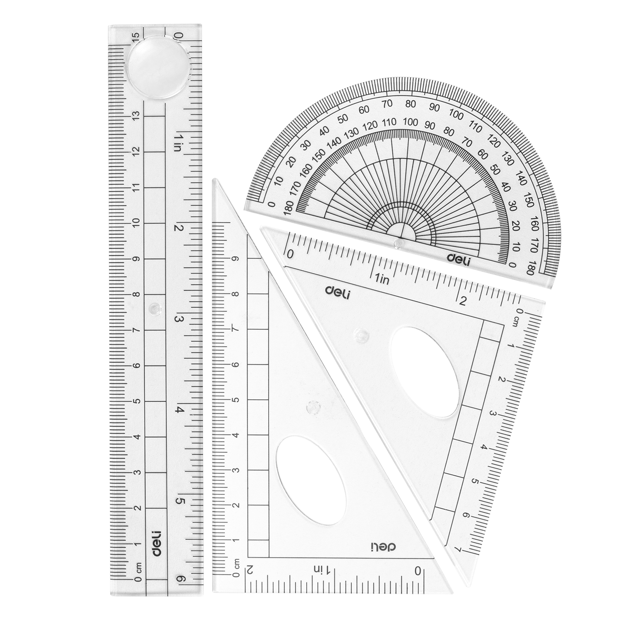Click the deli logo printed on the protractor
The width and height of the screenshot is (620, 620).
[x=458, y=258]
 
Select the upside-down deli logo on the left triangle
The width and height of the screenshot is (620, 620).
[x=382, y=548]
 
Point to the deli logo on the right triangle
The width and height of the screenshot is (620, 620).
[x=337, y=292]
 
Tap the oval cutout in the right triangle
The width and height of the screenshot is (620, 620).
[x=424, y=372]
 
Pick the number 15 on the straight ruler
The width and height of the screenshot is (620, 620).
[x=135, y=39]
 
